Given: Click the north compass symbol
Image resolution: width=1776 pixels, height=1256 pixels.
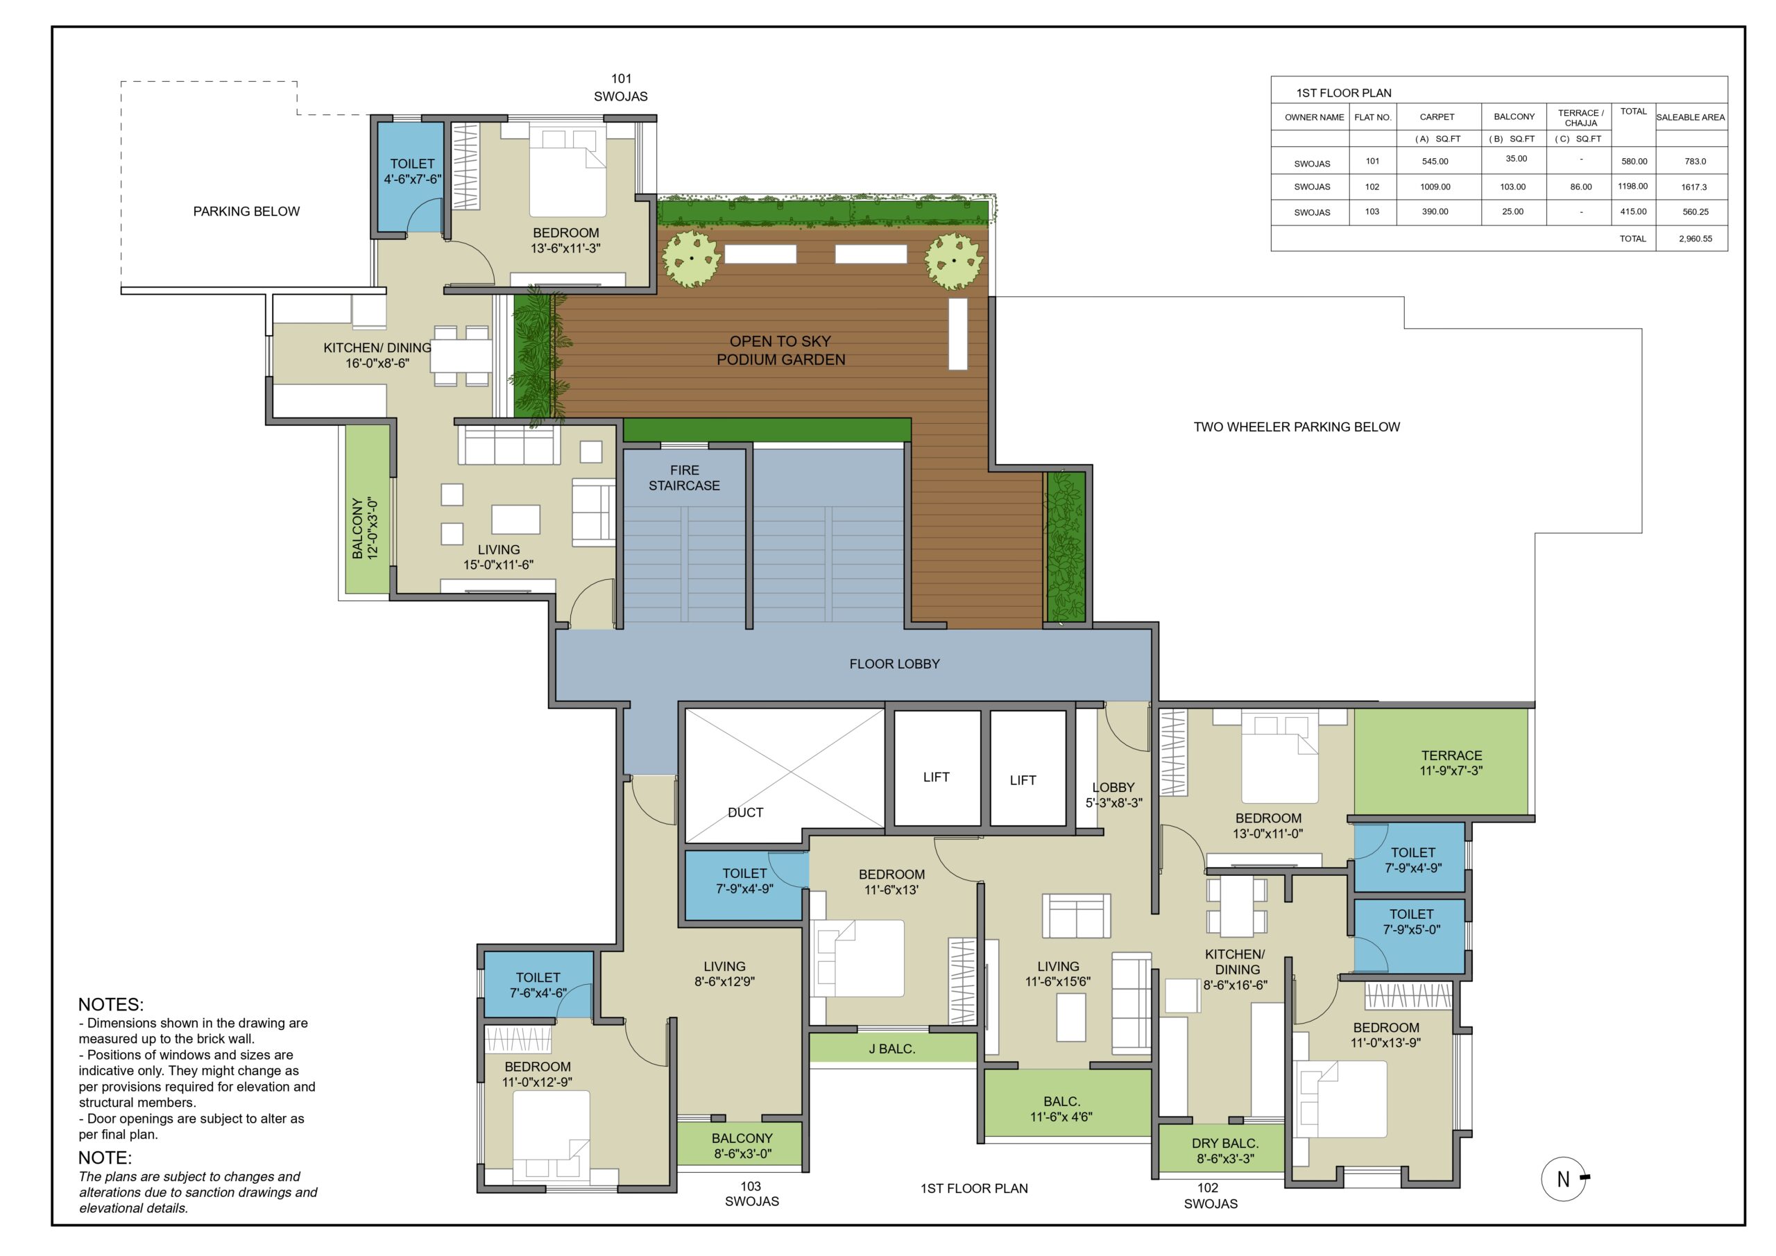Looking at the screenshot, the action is (1564, 1178).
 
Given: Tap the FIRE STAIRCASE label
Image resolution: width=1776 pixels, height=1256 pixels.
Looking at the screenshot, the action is (684, 478).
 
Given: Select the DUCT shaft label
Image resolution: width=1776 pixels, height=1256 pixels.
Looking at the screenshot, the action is (745, 812).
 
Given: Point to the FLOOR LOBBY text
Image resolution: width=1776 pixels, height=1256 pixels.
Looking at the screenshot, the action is (894, 664).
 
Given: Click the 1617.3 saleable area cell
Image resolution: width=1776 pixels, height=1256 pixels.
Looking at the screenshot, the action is (1694, 187).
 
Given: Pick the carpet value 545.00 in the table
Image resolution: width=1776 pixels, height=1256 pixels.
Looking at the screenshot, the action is (1435, 162).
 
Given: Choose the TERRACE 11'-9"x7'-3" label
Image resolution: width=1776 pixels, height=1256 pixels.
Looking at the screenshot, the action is (1451, 763).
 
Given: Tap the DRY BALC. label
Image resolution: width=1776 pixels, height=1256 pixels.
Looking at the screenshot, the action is (1225, 1151).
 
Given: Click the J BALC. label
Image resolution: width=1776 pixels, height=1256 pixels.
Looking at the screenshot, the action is (892, 1049).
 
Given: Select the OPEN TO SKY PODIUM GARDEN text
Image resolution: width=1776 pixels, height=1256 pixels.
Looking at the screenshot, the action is (780, 350).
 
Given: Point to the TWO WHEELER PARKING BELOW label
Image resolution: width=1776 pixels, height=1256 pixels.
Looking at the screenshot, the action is (1297, 427).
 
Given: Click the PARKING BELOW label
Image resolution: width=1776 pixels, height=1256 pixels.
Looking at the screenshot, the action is (246, 211).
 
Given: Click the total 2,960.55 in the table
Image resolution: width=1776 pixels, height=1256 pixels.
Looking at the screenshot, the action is (1696, 239).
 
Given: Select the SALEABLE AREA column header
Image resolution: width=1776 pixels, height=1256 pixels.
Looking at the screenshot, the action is (1690, 118).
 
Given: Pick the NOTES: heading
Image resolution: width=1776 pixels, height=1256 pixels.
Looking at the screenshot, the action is (110, 1005).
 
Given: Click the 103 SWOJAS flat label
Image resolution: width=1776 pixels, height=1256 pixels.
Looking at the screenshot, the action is (751, 1194).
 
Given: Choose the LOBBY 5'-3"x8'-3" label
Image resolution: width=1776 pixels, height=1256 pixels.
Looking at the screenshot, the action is (1114, 795).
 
